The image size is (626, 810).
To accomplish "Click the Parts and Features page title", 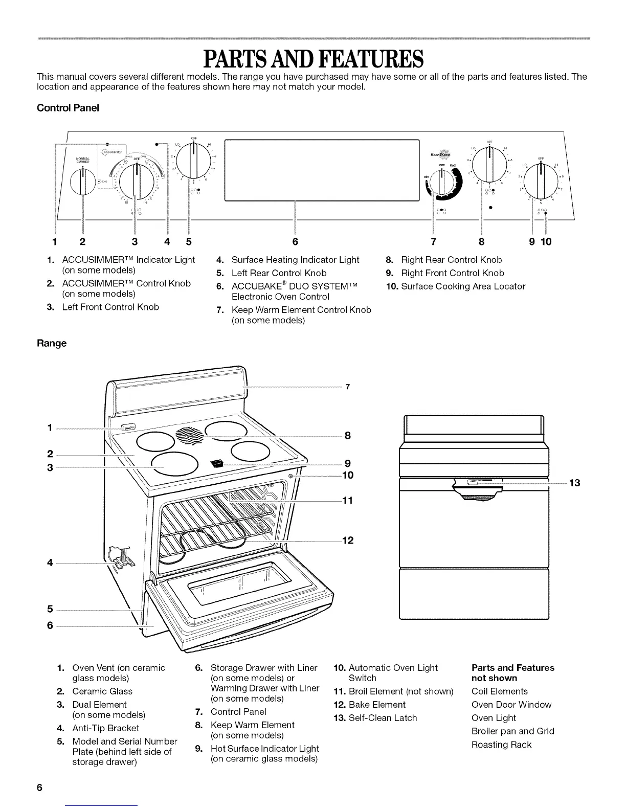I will click(312, 59).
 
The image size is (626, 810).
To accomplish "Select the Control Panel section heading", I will click(68, 108).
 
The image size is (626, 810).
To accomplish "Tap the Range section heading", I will click(51, 343).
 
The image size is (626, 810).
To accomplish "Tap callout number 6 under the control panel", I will click(295, 241).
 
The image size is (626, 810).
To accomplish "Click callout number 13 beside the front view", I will click(574, 483).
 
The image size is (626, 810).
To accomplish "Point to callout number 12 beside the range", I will click(347, 541).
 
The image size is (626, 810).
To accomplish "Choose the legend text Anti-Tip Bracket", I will click(105, 728).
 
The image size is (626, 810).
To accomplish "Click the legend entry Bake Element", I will click(376, 705).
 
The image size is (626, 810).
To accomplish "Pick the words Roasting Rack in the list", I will click(501, 745).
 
